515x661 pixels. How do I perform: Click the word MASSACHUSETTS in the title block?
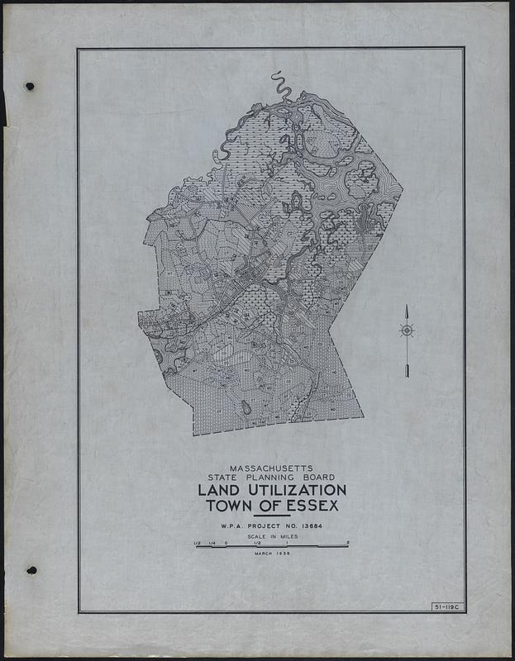[270, 468]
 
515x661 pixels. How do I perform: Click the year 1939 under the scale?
[281, 553]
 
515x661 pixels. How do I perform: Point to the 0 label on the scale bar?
[226, 543]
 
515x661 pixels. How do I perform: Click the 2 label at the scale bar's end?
[348, 543]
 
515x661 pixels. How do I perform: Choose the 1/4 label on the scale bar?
[212, 543]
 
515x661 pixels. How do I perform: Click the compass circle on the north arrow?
[407, 331]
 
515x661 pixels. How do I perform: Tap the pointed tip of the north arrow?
[407, 307]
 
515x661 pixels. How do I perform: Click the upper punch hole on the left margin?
[31, 86]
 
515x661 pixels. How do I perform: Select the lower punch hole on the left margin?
[31, 570]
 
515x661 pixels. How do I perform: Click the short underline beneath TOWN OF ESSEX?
[272, 516]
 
